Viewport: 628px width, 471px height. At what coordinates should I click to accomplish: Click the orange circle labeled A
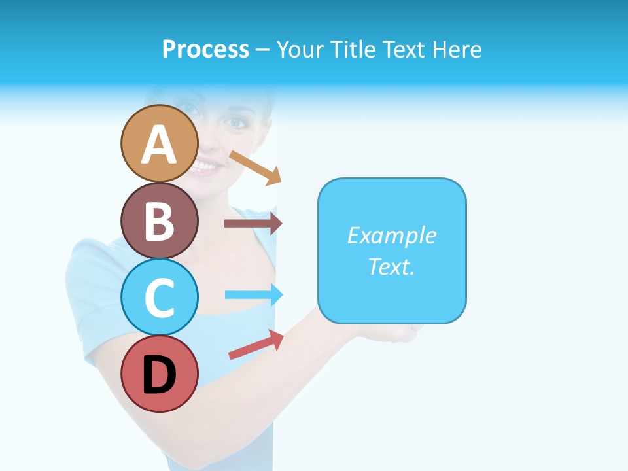coord(159,143)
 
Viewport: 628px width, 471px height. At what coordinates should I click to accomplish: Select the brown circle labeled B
coord(159,220)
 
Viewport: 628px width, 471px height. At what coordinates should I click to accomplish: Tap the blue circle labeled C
coord(159,297)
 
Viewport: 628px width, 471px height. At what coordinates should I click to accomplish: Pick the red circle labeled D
coord(159,374)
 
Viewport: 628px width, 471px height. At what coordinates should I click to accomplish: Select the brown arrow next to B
coord(253,223)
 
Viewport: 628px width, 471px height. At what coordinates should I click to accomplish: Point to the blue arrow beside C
coord(253,294)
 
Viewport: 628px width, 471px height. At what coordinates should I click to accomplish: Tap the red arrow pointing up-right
coord(256,345)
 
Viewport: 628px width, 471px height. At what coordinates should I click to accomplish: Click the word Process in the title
coord(205,49)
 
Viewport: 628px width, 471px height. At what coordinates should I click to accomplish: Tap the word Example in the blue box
coord(391,235)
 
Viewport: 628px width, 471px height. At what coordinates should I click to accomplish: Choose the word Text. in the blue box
coord(391,266)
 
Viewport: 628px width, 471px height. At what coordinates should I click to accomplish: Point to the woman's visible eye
coord(234,122)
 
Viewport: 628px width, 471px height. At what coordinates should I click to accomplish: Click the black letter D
coord(159,375)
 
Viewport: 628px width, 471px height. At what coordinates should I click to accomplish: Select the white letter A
coord(159,145)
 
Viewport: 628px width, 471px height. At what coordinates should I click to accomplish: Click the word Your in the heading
coord(301,49)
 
